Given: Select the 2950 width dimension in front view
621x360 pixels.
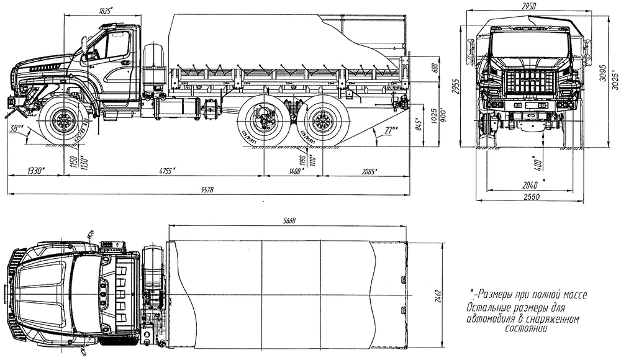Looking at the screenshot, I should [x=528, y=6].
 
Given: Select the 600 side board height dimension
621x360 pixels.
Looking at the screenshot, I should [x=434, y=67].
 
